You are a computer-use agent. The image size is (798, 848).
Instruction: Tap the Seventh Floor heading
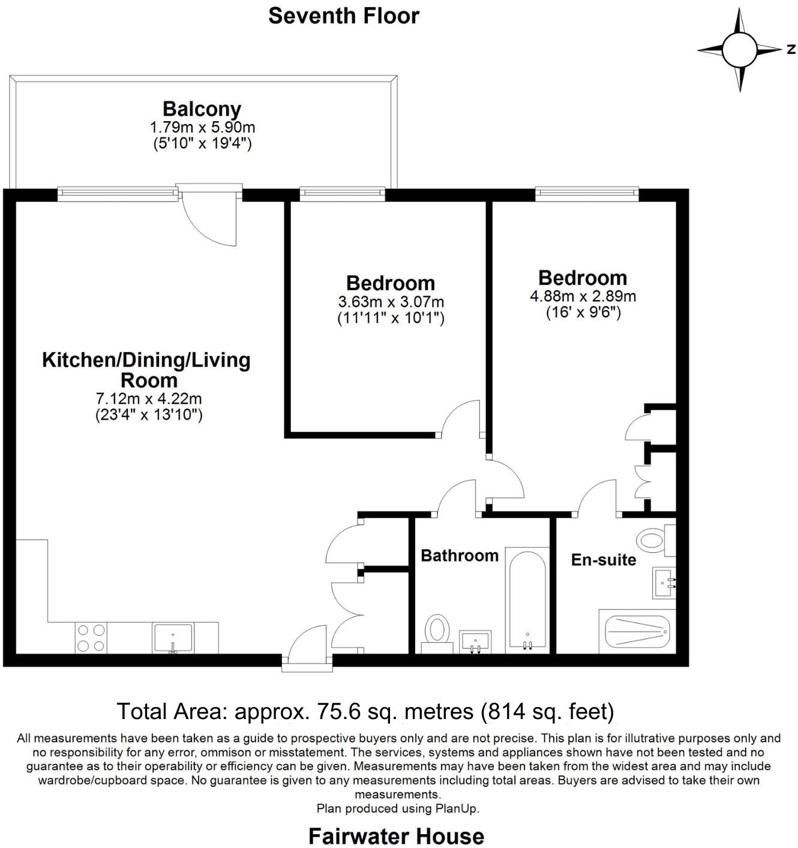pos(343,16)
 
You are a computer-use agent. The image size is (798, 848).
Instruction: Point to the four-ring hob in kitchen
pos(91,637)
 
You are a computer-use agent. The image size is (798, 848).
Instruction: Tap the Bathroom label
pos(459,555)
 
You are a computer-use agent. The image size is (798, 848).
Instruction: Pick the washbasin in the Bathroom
pos(475,641)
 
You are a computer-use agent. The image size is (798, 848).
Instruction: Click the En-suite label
pos(603,560)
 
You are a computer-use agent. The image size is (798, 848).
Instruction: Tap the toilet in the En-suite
pos(655,539)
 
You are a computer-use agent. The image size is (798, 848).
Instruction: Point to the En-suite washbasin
pos(664,582)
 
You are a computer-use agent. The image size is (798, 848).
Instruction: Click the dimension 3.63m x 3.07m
pos(391,302)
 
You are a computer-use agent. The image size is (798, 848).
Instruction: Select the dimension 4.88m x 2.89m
pos(583,296)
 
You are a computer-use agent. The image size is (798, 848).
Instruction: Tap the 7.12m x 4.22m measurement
pos(149,398)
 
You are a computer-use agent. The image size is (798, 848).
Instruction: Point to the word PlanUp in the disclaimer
pos(458,808)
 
